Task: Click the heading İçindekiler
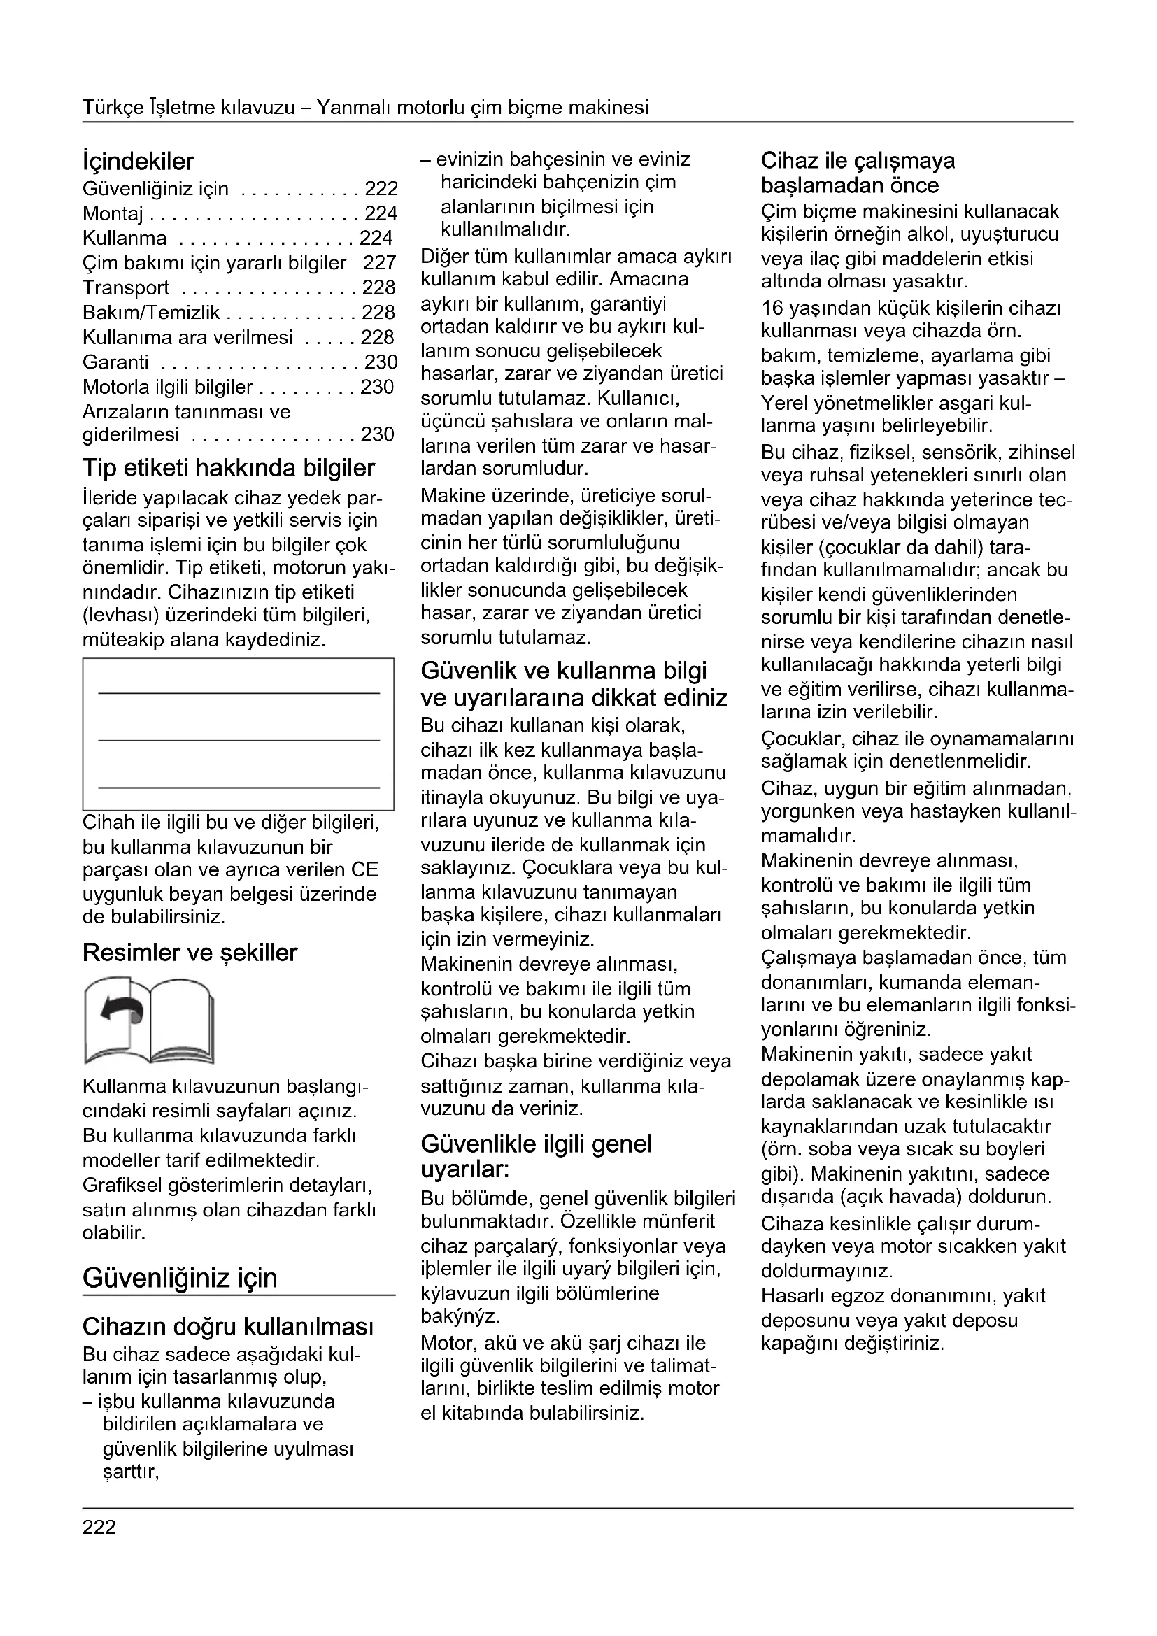(x=139, y=162)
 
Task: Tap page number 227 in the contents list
(x=379, y=263)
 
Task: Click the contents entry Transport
(x=125, y=288)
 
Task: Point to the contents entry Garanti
(x=115, y=362)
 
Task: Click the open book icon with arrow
(x=148, y=1020)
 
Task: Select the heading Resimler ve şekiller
(x=190, y=953)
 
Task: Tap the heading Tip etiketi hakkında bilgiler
(x=228, y=468)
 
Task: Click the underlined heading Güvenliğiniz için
(x=180, y=1278)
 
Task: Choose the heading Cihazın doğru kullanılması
(x=228, y=1327)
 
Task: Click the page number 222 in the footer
(x=99, y=1528)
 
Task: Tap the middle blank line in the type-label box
(x=239, y=740)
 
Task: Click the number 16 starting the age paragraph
(x=772, y=308)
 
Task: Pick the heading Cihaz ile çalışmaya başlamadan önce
(x=858, y=173)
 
